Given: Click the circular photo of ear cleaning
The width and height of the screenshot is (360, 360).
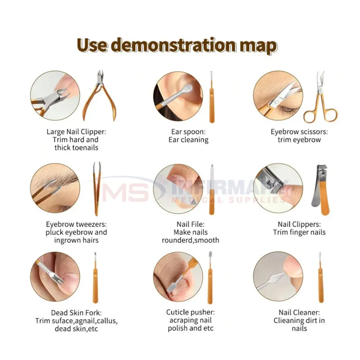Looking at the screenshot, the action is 178,96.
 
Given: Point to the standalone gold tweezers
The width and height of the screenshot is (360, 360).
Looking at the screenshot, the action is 97,189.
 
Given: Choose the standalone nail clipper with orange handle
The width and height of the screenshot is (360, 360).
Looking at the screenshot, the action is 321,190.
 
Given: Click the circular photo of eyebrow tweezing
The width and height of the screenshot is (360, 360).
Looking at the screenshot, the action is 55,188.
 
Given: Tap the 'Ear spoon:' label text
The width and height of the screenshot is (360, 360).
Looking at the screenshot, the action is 188,132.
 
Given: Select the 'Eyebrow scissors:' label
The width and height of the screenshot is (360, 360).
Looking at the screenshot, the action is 299,132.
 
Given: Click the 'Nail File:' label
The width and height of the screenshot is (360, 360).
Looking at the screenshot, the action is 190,224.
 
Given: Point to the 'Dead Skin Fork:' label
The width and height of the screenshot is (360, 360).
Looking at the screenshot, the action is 76,313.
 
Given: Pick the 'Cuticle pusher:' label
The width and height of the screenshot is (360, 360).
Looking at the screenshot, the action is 190,312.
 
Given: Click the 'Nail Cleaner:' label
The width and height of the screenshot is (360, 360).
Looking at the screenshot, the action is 299,312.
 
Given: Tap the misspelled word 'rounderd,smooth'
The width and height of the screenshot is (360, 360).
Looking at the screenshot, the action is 190,240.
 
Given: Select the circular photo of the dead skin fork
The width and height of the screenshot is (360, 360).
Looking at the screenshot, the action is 55,276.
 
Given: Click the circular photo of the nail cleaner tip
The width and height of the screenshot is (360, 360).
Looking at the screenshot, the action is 278,276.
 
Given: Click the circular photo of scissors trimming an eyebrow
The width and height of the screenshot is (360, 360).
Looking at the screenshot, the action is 278,95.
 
